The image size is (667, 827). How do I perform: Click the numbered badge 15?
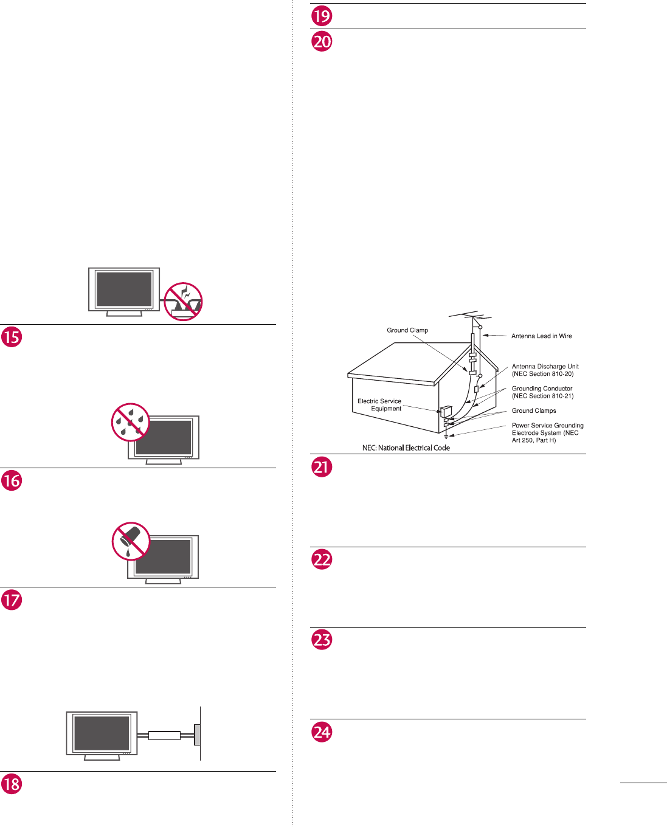[12, 337]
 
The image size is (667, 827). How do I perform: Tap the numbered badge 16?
[12, 481]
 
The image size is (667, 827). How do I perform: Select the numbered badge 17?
[12, 600]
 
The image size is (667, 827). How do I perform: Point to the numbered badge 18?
[12, 784]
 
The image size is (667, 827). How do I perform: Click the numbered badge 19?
[322, 16]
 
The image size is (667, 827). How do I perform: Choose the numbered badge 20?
[322, 41]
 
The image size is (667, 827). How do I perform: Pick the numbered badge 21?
[322, 467]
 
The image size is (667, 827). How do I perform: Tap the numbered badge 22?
[322, 559]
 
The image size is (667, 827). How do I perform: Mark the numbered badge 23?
[322, 640]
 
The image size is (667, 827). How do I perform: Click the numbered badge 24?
[322, 732]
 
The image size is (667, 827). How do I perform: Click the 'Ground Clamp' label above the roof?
[407, 330]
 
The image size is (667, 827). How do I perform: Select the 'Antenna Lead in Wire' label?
[541, 336]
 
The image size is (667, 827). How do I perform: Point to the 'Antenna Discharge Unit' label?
[545, 370]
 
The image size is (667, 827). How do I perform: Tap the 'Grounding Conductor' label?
[542, 392]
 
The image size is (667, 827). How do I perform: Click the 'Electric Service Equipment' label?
[379, 405]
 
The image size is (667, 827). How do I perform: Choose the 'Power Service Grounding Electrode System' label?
[547, 433]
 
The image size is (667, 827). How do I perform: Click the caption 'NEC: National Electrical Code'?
[406, 448]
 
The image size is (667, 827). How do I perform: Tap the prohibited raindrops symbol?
[131, 422]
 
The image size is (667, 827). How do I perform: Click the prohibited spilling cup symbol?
[131, 541]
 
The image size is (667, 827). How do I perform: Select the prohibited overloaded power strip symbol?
[184, 301]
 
